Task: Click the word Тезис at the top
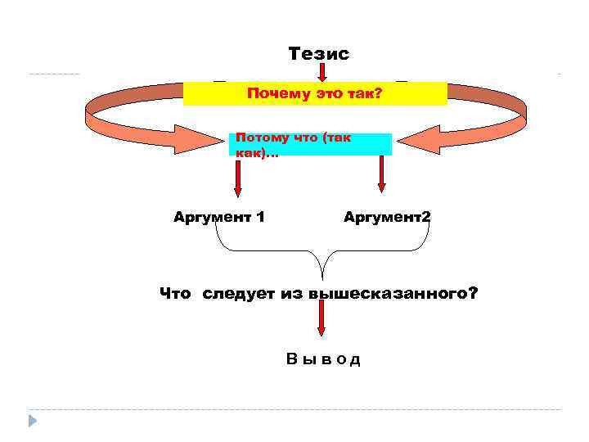coord(318,54)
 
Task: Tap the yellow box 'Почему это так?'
coord(315,93)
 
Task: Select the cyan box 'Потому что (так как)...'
coord(310,145)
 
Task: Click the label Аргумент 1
coord(218,217)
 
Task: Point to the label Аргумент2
coord(387,217)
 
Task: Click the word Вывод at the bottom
coord(323,359)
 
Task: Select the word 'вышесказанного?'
coord(393,294)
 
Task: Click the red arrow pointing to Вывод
coord(321,322)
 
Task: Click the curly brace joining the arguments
coord(321,254)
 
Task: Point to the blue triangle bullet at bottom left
coord(33,421)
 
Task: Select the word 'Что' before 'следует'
coord(175,294)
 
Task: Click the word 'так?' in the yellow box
coord(366,94)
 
